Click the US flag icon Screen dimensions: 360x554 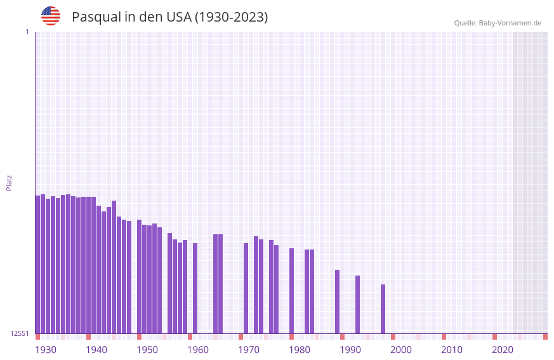51,16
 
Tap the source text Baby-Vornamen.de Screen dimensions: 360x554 510,23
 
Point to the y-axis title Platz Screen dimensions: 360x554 9,182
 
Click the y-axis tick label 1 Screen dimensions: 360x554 27,32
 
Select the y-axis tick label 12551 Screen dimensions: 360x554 20,333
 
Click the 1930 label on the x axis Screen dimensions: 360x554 46,350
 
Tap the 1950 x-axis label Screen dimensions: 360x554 147,350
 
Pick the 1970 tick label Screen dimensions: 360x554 249,350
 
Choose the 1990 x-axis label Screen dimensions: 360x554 350,350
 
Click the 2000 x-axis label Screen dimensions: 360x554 401,350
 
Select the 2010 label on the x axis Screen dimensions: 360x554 452,350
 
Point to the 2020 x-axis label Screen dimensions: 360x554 503,350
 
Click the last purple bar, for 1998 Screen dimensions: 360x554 383,309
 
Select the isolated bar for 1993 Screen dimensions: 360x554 358,304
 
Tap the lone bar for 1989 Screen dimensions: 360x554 338,302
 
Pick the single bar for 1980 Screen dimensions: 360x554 292,290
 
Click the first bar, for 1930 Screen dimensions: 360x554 38,264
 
